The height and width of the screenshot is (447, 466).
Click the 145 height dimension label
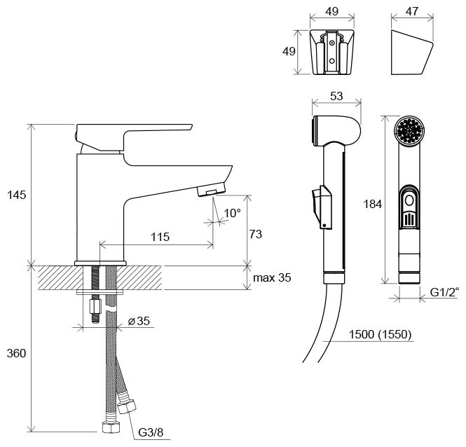click(x=15, y=195)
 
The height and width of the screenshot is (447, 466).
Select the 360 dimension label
click(x=15, y=353)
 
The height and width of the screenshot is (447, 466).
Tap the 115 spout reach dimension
click(x=160, y=237)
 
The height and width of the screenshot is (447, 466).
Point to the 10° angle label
click(x=232, y=213)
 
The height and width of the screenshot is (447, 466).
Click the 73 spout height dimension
click(x=255, y=234)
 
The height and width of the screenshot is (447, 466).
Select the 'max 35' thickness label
click(x=272, y=278)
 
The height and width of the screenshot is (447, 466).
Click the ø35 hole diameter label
click(x=138, y=322)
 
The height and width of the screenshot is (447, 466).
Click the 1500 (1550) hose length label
click(x=378, y=333)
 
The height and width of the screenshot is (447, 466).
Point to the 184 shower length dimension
click(x=373, y=205)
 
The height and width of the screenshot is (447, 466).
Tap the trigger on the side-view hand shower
click(x=320, y=202)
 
